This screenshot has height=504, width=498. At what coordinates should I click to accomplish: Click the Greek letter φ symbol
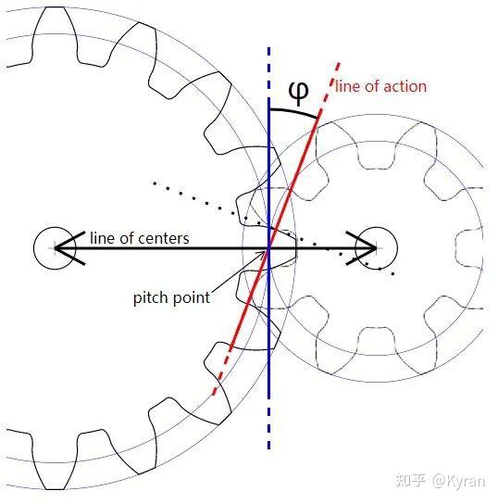(299, 93)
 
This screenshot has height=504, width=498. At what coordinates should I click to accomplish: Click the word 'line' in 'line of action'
(346, 86)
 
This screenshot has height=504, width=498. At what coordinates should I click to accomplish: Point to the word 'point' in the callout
(191, 297)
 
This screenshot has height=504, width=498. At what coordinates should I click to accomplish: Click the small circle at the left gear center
(55, 248)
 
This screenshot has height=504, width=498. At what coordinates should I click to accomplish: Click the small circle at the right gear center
(377, 248)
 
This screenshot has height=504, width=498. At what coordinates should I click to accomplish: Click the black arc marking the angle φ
(293, 111)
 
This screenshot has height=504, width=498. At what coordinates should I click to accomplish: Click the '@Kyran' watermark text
(458, 481)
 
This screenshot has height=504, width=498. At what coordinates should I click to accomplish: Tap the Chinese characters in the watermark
(411, 481)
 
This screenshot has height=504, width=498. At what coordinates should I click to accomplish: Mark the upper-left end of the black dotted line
(155, 183)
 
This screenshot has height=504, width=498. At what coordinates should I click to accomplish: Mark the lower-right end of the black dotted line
(393, 274)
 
